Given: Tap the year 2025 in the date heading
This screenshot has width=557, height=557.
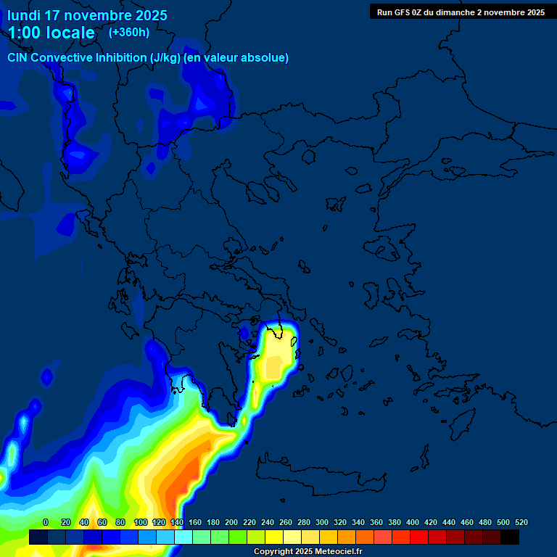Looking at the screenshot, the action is pyautogui.click(x=147, y=15).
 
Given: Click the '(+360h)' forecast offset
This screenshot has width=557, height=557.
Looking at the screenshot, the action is pyautogui.click(x=129, y=33).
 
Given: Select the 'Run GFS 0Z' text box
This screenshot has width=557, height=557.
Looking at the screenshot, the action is pyautogui.click(x=461, y=12).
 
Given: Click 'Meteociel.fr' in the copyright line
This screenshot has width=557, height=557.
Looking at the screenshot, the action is pyautogui.click(x=333, y=552).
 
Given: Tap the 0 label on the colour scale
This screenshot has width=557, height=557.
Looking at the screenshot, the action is pyautogui.click(x=46, y=522).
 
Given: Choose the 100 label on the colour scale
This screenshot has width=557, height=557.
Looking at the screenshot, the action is pyautogui.click(x=141, y=522).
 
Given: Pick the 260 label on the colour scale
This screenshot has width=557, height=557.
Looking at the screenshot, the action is pyautogui.click(x=286, y=522).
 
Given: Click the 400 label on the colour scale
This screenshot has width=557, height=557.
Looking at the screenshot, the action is pyautogui.click(x=413, y=522).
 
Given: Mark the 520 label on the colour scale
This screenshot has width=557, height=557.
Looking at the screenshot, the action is pyautogui.click(x=521, y=522).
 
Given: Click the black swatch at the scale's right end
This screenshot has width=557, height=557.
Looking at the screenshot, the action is pyautogui.click(x=510, y=537).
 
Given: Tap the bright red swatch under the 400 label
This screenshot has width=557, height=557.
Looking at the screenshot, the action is pyautogui.click(x=419, y=537).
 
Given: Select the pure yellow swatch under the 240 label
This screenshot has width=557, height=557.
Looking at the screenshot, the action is pyautogui.click(x=274, y=537).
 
